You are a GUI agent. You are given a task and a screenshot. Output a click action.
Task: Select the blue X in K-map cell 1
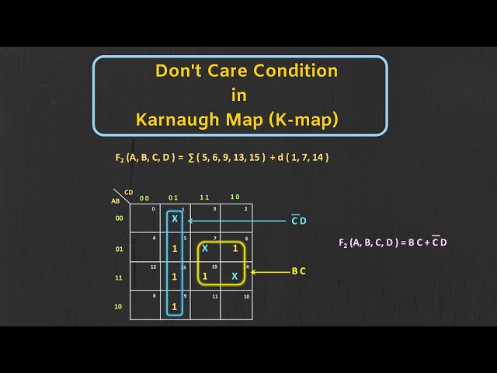pyautogui.click(x=175, y=219)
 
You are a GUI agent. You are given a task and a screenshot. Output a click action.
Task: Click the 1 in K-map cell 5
pyautogui.click(x=175, y=249)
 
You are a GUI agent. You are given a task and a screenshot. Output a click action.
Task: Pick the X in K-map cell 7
pyautogui.click(x=205, y=249)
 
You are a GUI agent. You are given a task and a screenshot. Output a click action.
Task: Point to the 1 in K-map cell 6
pyautogui.click(x=235, y=249)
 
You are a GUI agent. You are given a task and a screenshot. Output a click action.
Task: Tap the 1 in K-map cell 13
pyautogui.click(x=175, y=276)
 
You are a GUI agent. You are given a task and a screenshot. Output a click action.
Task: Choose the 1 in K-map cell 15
pyautogui.click(x=205, y=276)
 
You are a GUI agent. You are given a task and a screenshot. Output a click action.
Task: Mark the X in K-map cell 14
pyautogui.click(x=235, y=276)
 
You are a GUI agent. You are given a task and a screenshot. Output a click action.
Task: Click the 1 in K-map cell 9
pyautogui.click(x=175, y=306)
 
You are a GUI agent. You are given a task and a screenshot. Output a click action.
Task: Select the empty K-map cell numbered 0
pyautogui.click(x=144, y=219)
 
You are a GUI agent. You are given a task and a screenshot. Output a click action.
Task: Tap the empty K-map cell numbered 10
pyautogui.click(x=235, y=306)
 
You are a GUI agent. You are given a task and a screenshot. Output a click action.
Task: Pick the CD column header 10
pyautogui.click(x=235, y=197)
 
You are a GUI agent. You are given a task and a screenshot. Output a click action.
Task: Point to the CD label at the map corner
pyautogui.click(x=128, y=192)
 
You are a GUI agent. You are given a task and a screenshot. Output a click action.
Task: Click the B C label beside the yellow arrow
pyautogui.click(x=300, y=271)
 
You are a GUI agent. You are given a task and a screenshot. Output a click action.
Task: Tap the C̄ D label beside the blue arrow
pyautogui.click(x=299, y=221)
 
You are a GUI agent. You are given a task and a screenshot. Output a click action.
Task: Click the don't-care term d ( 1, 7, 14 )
pyautogui.click(x=300, y=157)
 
